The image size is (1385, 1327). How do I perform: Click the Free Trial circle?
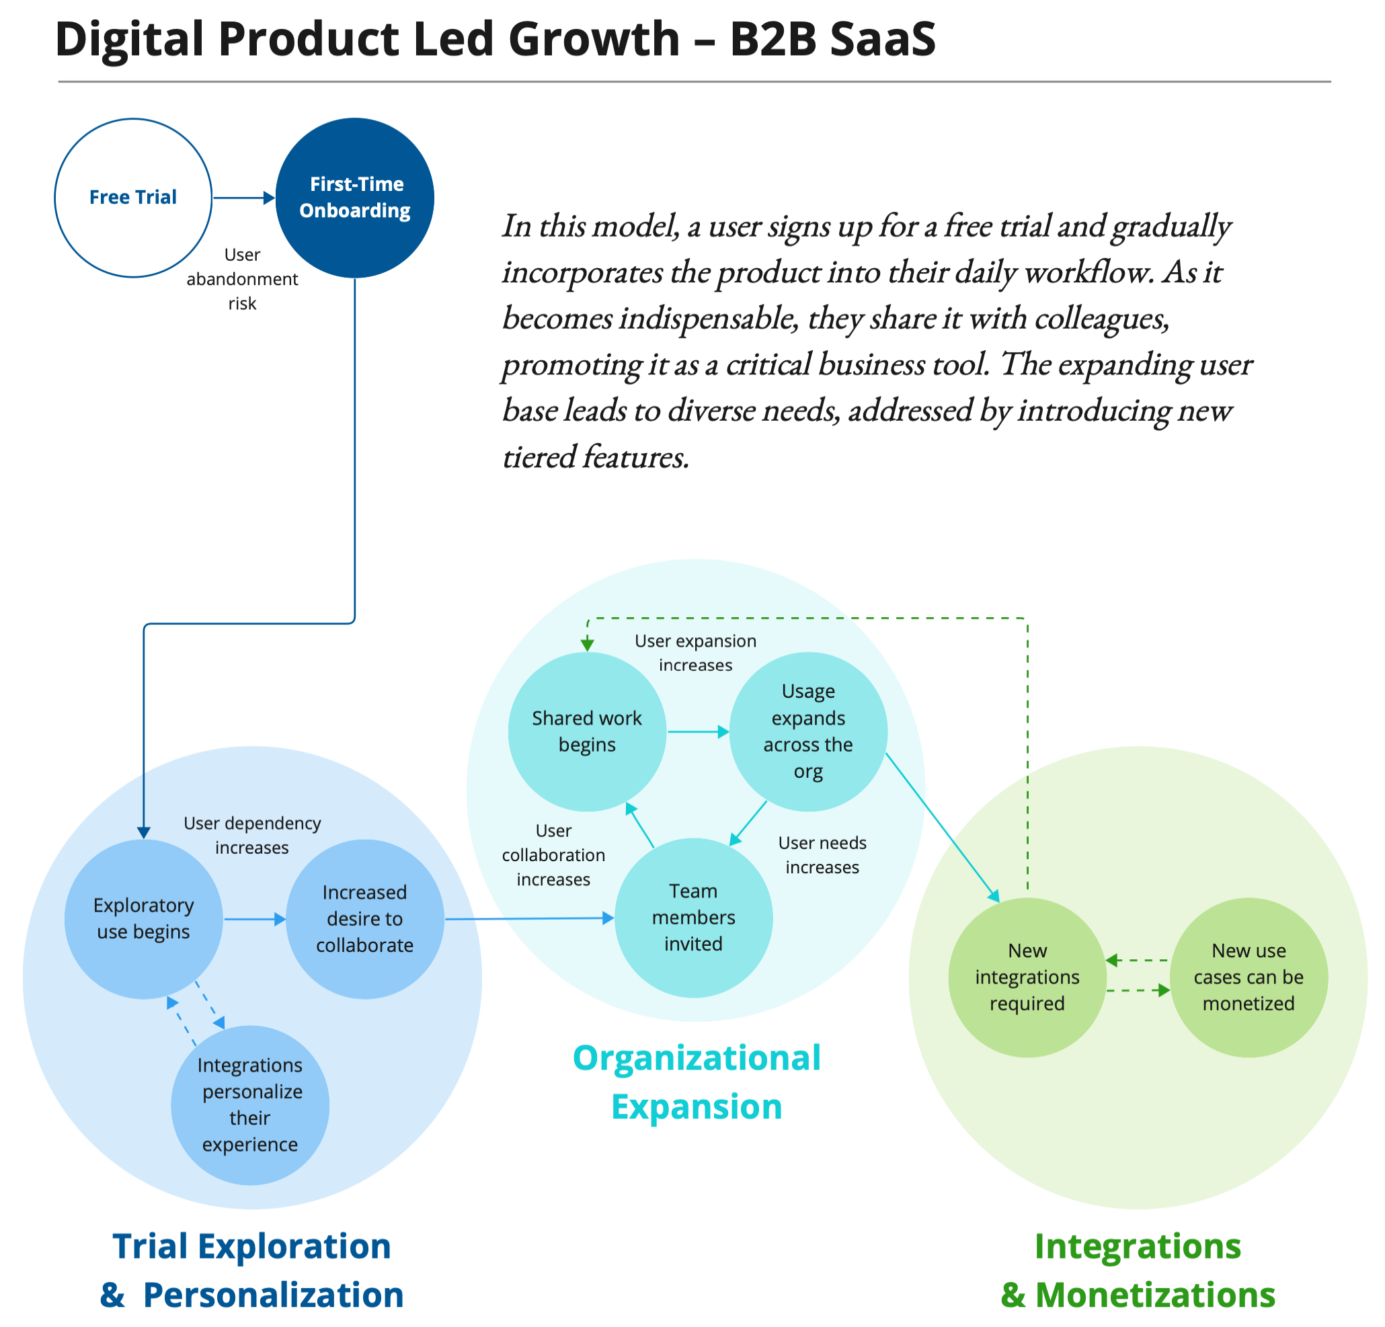[133, 197]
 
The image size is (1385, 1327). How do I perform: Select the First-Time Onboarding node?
[355, 197]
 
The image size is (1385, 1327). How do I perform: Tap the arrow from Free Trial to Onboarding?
[244, 198]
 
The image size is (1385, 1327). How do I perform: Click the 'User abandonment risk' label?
[242, 279]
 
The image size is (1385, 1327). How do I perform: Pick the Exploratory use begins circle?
[143, 918]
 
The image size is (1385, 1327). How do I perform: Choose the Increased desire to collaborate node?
[364, 918]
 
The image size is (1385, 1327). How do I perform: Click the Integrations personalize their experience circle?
[250, 1104]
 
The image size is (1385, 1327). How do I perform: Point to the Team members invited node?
[693, 917]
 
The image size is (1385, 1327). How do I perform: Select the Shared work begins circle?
[586, 731]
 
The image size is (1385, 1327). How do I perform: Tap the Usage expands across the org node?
[807, 731]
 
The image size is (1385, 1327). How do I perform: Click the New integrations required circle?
[1027, 977]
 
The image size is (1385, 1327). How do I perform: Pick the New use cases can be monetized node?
[1249, 977]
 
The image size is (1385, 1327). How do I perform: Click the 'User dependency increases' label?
[252, 835]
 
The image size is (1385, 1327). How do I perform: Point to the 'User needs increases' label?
[822, 855]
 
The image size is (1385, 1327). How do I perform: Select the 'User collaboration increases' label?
[553, 855]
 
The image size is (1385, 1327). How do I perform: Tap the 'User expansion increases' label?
[695, 653]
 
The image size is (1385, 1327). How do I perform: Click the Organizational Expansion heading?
[697, 1082]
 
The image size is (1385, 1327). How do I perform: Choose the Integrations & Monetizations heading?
[1138, 1270]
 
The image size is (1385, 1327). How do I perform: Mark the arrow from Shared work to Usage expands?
[698, 732]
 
